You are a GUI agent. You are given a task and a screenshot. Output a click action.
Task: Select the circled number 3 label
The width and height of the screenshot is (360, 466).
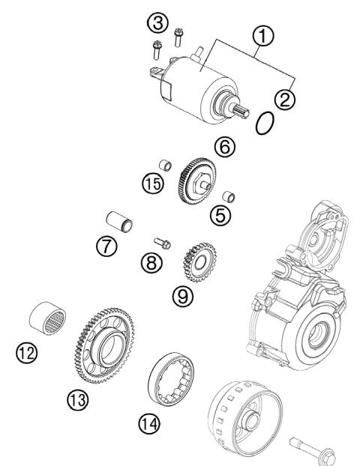(157, 23)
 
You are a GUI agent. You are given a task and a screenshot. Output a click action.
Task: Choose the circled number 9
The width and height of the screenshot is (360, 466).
(183, 296)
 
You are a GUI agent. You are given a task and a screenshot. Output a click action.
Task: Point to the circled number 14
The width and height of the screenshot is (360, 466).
(148, 425)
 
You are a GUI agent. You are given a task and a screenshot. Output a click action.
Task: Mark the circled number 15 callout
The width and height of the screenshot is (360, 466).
(153, 184)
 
